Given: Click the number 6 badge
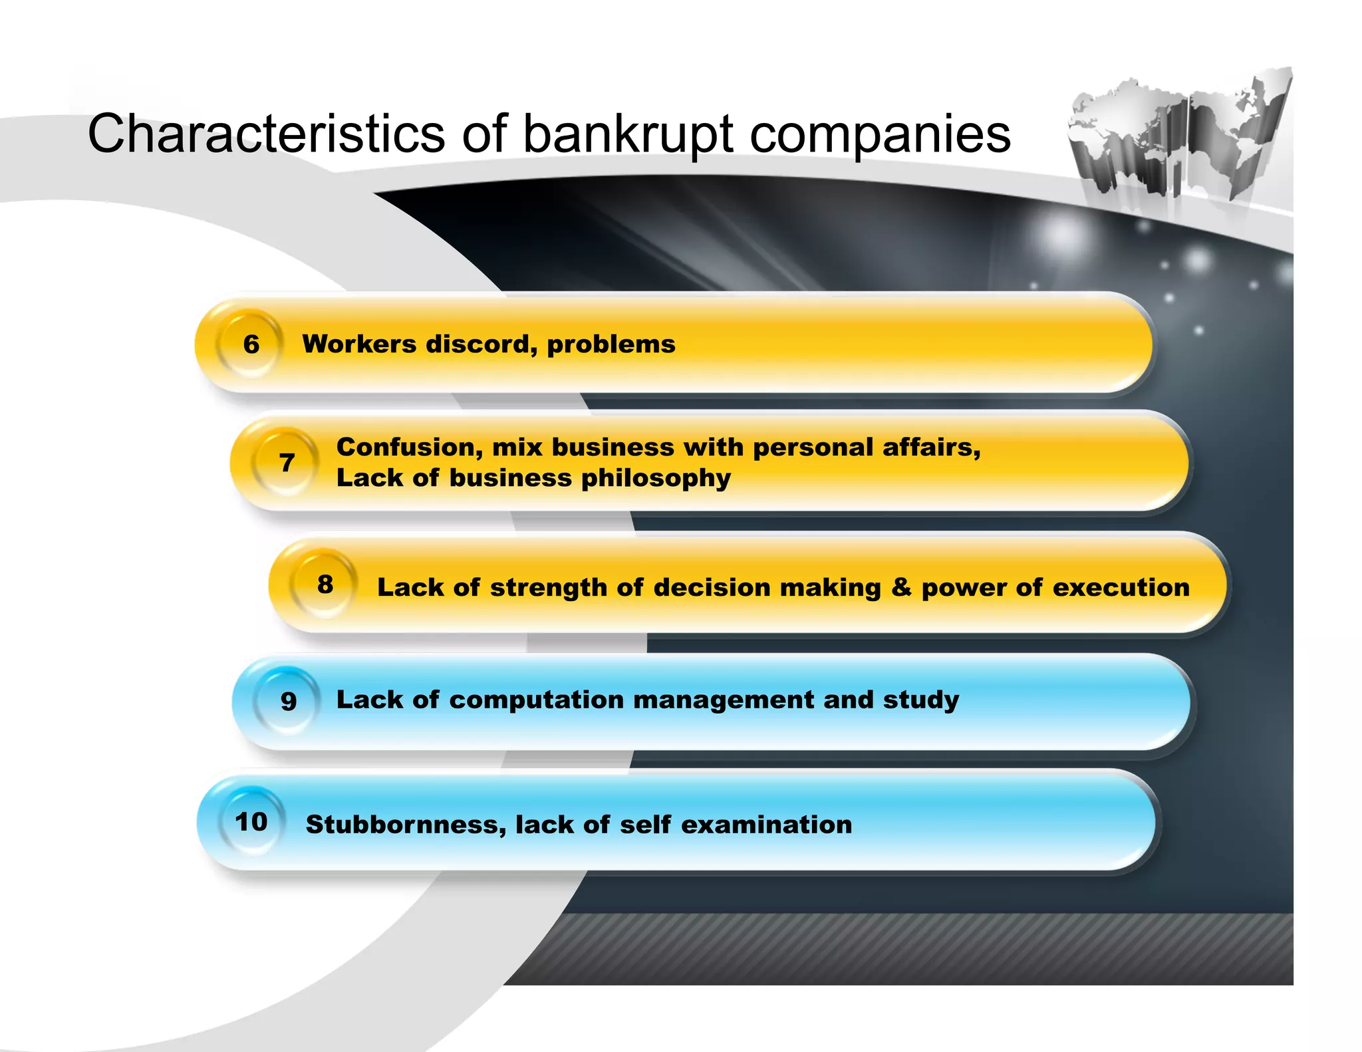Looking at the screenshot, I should [x=251, y=344].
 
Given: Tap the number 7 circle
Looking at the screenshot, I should [x=287, y=462].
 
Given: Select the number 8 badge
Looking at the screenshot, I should [x=325, y=585].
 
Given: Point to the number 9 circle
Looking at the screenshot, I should [x=288, y=701].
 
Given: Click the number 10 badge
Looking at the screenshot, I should [x=251, y=822].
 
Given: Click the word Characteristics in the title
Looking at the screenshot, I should [x=266, y=134].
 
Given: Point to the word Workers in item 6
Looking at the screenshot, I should [x=359, y=344].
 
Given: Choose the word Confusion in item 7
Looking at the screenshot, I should [x=410, y=448].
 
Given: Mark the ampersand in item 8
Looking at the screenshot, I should [x=901, y=587].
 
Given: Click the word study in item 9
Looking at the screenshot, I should [x=921, y=700].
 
